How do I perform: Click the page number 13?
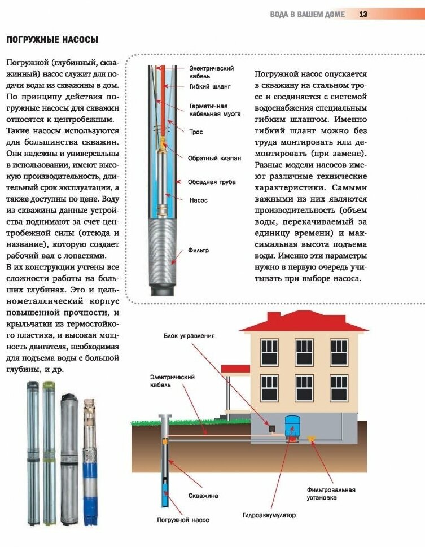click(x=363, y=14)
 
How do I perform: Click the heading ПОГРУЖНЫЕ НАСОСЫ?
click(x=52, y=40)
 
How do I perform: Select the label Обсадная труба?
click(x=212, y=182)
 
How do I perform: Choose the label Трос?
click(x=196, y=132)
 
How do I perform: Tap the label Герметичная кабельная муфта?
click(x=214, y=110)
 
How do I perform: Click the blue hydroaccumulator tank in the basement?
click(x=292, y=425)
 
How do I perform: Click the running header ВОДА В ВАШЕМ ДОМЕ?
click(x=307, y=14)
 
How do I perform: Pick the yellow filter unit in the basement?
click(x=309, y=437)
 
